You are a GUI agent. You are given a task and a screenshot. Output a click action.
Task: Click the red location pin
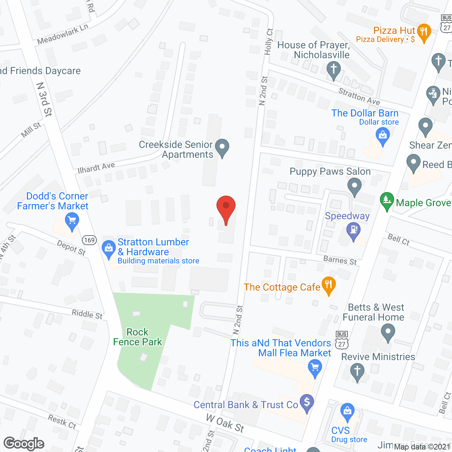point(226,207)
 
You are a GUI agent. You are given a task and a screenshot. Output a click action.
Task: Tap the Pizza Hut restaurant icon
point(424,32)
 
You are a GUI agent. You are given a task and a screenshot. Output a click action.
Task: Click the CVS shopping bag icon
point(347,411)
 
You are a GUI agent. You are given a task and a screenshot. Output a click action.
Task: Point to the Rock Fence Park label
point(137,337)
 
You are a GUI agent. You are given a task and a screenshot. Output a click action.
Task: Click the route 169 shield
point(89,240)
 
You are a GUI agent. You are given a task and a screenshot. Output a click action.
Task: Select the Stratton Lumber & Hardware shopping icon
point(109,248)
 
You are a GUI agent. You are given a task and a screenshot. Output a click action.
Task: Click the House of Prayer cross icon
point(333,69)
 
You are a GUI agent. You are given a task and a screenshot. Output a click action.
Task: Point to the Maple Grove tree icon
point(387,200)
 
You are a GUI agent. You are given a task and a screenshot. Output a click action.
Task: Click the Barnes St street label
point(340,261)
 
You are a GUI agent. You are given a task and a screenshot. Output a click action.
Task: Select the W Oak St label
point(225,423)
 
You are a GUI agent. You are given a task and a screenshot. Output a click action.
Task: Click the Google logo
point(24,444)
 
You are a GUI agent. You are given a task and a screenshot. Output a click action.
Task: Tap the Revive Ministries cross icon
point(357,371)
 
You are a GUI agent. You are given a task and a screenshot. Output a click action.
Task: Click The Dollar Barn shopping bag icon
point(382,135)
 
